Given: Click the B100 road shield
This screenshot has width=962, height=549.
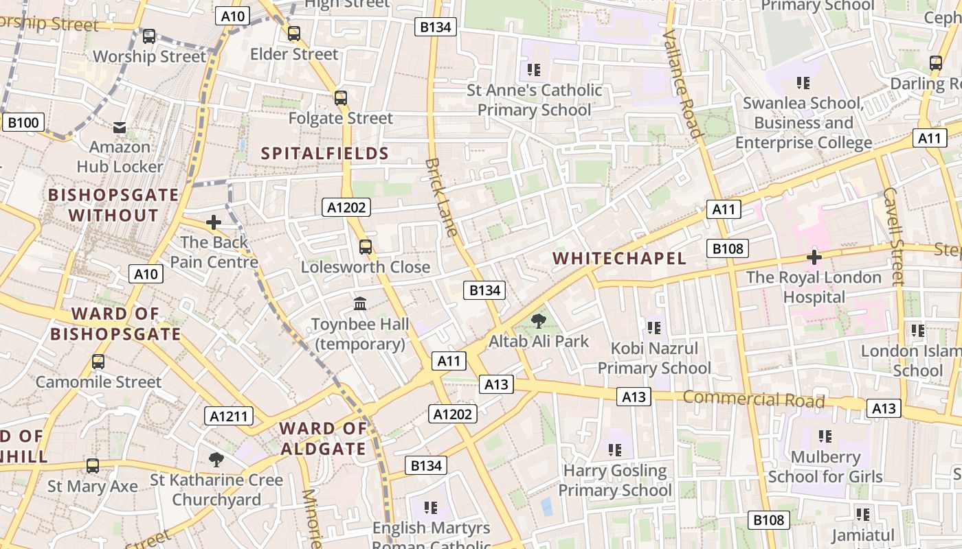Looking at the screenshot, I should click(x=23, y=123).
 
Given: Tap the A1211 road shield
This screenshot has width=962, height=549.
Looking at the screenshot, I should click(x=229, y=416).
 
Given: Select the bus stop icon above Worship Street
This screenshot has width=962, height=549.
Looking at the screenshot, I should click(x=148, y=36).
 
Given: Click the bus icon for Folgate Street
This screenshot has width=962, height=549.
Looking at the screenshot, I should click(x=341, y=97).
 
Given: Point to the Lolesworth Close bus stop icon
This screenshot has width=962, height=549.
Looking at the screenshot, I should click(x=366, y=246).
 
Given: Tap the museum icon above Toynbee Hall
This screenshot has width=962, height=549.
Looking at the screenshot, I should click(x=360, y=303).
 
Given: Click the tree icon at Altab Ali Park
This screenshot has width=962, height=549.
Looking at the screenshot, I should click(x=539, y=320).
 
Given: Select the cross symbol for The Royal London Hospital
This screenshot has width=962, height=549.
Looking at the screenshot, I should click(x=814, y=257).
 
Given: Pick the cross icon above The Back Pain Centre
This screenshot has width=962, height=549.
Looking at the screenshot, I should click(x=214, y=222).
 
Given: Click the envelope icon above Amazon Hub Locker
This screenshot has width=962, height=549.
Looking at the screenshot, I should click(x=120, y=127).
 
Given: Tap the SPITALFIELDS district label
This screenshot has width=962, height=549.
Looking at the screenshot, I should click(x=325, y=153).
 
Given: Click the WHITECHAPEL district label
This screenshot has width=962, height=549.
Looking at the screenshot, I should click(x=619, y=258).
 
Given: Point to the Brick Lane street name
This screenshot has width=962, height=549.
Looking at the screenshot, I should click(x=441, y=198).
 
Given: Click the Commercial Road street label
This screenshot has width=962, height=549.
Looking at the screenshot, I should click(x=753, y=399).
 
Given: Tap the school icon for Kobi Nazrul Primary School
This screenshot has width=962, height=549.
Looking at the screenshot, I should click(x=653, y=328).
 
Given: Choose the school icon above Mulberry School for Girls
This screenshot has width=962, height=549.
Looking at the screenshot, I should click(x=825, y=436).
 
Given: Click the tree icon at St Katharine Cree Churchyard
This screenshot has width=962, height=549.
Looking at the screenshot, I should click(x=216, y=459).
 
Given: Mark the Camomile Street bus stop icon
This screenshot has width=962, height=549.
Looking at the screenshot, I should click(x=98, y=362).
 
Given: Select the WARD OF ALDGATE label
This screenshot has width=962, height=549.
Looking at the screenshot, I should click(x=323, y=439).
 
